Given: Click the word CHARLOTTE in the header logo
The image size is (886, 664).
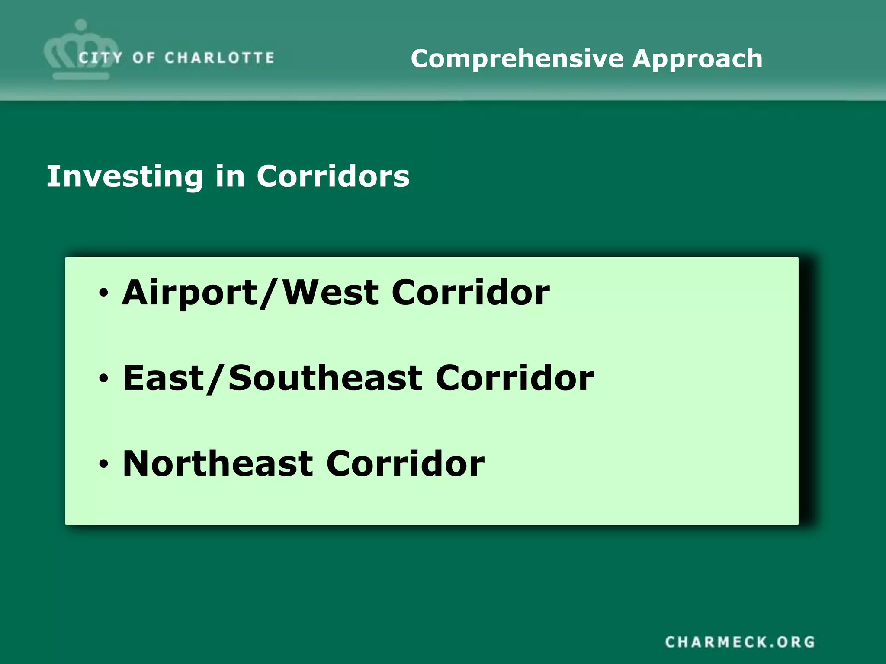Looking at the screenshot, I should pyautogui.click(x=219, y=58).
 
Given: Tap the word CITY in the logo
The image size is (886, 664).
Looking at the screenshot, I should pyautogui.click(x=100, y=58).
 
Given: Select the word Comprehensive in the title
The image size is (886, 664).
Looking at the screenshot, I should pyautogui.click(x=517, y=59).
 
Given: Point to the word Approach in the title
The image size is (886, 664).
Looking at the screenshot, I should pyautogui.click(x=697, y=59).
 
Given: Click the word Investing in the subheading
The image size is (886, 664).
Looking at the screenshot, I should pyautogui.click(x=125, y=176).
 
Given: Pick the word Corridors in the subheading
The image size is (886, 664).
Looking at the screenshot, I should pyautogui.click(x=333, y=176).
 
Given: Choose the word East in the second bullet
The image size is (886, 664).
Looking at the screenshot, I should pyautogui.click(x=164, y=378).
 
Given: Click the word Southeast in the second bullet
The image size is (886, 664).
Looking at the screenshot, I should pyautogui.click(x=325, y=378).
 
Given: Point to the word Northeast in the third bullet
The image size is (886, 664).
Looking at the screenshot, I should pyautogui.click(x=218, y=463).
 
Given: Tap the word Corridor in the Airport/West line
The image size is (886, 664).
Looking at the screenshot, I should pyautogui.click(x=471, y=293).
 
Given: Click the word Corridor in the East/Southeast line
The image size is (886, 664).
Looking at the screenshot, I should pyautogui.click(x=515, y=378).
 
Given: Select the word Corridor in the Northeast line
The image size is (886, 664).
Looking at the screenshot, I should pyautogui.click(x=405, y=463).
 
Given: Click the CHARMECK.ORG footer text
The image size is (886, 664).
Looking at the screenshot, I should pyautogui.click(x=740, y=642).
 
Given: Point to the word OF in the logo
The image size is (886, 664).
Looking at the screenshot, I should pyautogui.click(x=144, y=58).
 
